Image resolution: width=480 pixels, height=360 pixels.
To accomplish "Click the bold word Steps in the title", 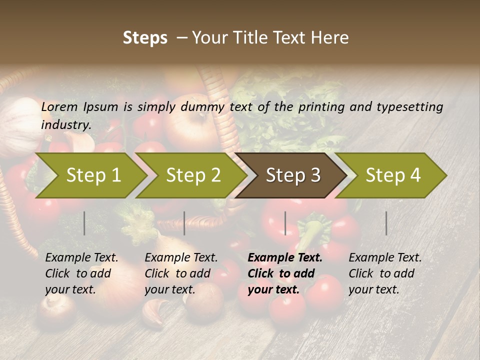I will point(145,38).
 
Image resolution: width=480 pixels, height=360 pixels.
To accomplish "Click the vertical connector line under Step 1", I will point(84,223).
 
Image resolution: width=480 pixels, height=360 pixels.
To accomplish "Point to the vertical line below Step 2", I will point(184,223).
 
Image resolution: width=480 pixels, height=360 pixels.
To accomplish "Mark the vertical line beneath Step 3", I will point(285,223).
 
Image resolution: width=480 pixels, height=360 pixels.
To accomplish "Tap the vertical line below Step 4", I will point(386,223).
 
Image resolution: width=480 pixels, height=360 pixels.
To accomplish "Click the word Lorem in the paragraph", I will point(59,107).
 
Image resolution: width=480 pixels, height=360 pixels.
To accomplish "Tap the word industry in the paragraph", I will point(65,125).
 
